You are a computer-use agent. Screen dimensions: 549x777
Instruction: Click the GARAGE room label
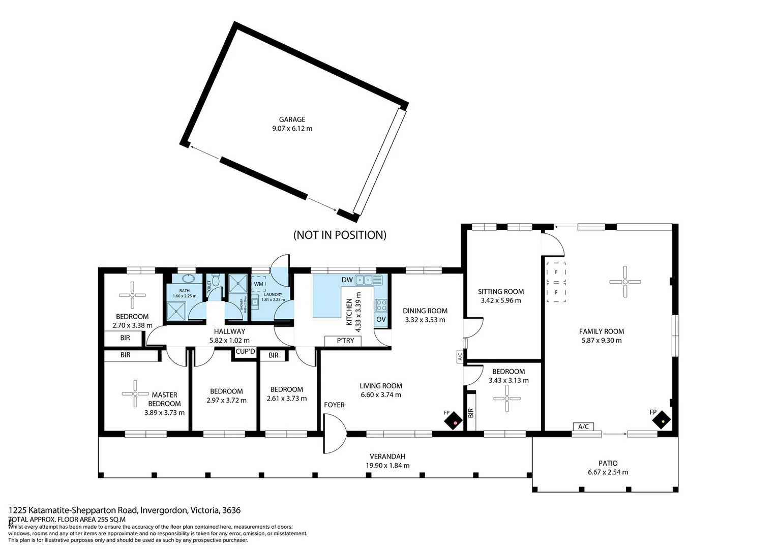pyautogui.click(x=292, y=119)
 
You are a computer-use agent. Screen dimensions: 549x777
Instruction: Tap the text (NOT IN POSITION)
pyautogui.click(x=340, y=235)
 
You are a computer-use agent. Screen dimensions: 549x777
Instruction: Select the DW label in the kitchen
pyautogui.click(x=347, y=280)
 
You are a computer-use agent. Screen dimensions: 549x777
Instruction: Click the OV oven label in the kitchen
pyautogui.click(x=381, y=319)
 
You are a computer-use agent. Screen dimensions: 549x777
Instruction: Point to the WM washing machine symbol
pyautogui.click(x=259, y=284)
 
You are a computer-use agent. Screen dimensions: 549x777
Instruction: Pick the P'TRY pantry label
pyautogui.click(x=345, y=341)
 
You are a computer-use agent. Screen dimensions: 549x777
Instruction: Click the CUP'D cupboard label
pyautogui.click(x=245, y=352)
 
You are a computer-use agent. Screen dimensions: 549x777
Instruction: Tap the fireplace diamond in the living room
pyautogui.click(x=453, y=421)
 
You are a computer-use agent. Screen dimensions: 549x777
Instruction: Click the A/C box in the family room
pyautogui.click(x=583, y=426)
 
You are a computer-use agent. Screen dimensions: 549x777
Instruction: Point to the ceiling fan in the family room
pyautogui.click(x=625, y=281)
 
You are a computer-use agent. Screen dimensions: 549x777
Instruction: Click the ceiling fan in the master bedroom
pyautogui.click(x=135, y=393)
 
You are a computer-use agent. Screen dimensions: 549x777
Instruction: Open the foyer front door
pyautogui.click(x=334, y=434)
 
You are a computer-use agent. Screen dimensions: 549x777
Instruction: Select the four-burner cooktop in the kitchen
pyautogui.click(x=380, y=305)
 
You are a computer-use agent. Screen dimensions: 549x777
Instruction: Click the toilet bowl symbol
pyautogui.click(x=216, y=280)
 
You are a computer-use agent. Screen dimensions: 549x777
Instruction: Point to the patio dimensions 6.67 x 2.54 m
pyautogui.click(x=608, y=472)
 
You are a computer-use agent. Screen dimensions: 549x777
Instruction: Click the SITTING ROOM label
pyautogui.click(x=500, y=291)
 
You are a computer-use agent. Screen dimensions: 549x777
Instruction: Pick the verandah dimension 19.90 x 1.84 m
pyautogui.click(x=387, y=466)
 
